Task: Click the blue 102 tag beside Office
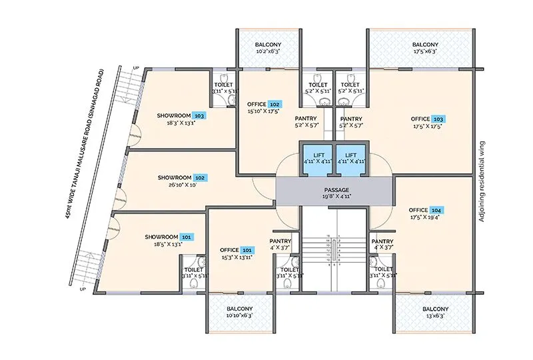274,105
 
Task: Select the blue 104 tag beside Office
436,210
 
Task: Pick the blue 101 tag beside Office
247,250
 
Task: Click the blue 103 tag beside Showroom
199,115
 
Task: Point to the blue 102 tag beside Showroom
200,178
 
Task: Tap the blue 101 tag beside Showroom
187,237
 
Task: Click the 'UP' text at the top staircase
137,68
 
